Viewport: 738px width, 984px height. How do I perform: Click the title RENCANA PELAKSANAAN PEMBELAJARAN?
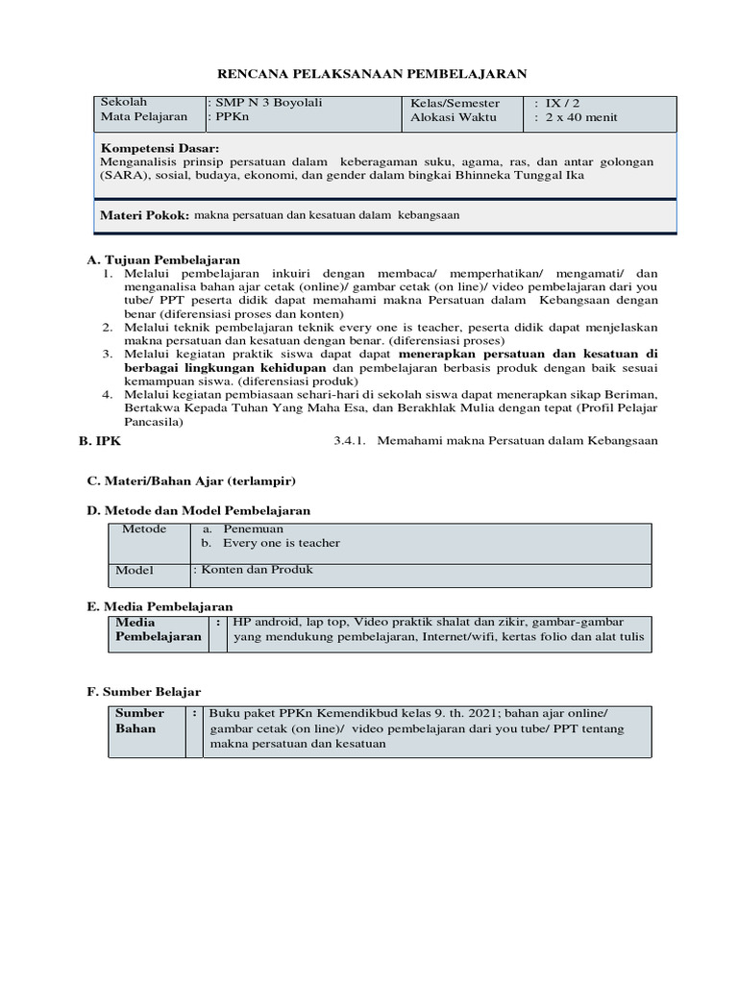pyautogui.click(x=369, y=73)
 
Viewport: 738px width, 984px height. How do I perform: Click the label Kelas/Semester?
pyautogui.click(x=455, y=102)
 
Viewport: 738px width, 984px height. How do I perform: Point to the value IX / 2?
pyautogui.click(x=561, y=102)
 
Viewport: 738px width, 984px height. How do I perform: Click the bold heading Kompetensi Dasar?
pyautogui.click(x=160, y=149)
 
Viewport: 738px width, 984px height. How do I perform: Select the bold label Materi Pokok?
pyautogui.click(x=144, y=216)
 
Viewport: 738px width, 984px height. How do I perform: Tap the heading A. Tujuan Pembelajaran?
pyautogui.click(x=162, y=259)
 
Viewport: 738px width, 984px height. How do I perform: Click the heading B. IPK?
pyautogui.click(x=100, y=440)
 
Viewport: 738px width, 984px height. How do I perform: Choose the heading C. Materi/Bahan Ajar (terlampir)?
pyautogui.click(x=191, y=480)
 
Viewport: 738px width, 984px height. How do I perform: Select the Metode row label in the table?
pyautogui.click(x=144, y=529)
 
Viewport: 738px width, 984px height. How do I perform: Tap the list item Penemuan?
pyautogui.click(x=253, y=529)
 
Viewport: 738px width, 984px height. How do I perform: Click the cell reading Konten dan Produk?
pyautogui.click(x=255, y=570)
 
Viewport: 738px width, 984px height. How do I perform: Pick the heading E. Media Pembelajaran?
pyautogui.click(x=160, y=606)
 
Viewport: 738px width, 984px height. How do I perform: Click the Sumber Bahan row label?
pyautogui.click(x=139, y=721)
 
